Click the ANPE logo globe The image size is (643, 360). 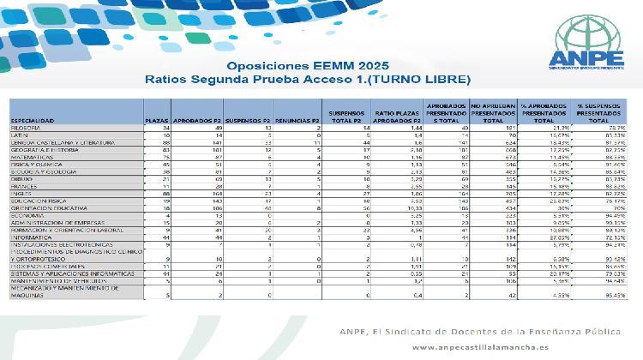coord(589,31)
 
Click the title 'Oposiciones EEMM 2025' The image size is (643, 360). coord(307,65)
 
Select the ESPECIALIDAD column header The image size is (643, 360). coord(35,121)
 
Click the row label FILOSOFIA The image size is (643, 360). coord(26,129)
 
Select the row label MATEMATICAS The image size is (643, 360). coord(30,158)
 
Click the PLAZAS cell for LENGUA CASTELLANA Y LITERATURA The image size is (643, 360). coord(161,143)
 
